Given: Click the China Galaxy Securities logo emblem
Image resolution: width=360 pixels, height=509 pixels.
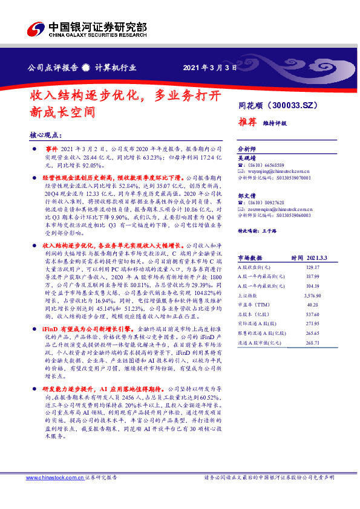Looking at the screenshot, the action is click(35, 29).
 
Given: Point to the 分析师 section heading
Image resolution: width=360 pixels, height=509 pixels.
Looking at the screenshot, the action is click(247, 148).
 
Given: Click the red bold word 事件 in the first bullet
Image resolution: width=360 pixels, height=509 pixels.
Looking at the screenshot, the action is click(51, 148).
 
